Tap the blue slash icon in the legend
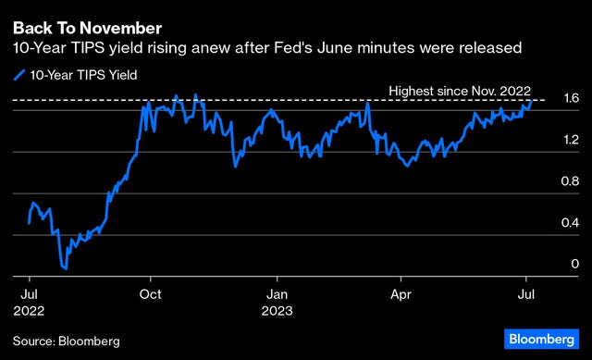click(18, 75)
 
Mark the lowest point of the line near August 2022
click(65, 268)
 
